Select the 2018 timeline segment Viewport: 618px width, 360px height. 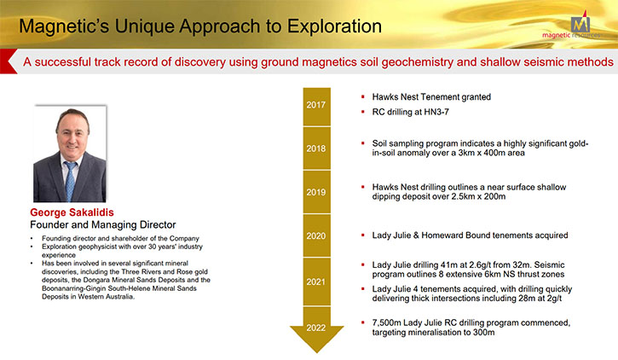pyautogui.click(x=316, y=148)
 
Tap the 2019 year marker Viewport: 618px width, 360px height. pyautogui.click(x=316, y=193)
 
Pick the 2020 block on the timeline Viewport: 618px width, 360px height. pyautogui.click(x=316, y=235)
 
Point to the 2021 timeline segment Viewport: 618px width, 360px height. pyautogui.click(x=316, y=282)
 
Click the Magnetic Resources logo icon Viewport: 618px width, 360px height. pyautogui.click(x=580, y=23)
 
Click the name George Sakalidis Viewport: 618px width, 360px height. pyautogui.click(x=72, y=212)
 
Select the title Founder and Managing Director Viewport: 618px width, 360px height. pyautogui.click(x=103, y=224)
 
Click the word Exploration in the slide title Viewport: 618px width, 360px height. pyautogui.click(x=334, y=26)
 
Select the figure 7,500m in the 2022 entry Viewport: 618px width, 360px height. pyautogui.click(x=387, y=323)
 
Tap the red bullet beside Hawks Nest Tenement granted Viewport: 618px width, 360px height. pyautogui.click(x=363, y=96)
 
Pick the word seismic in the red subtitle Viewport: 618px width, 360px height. pyautogui.click(x=544, y=62)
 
